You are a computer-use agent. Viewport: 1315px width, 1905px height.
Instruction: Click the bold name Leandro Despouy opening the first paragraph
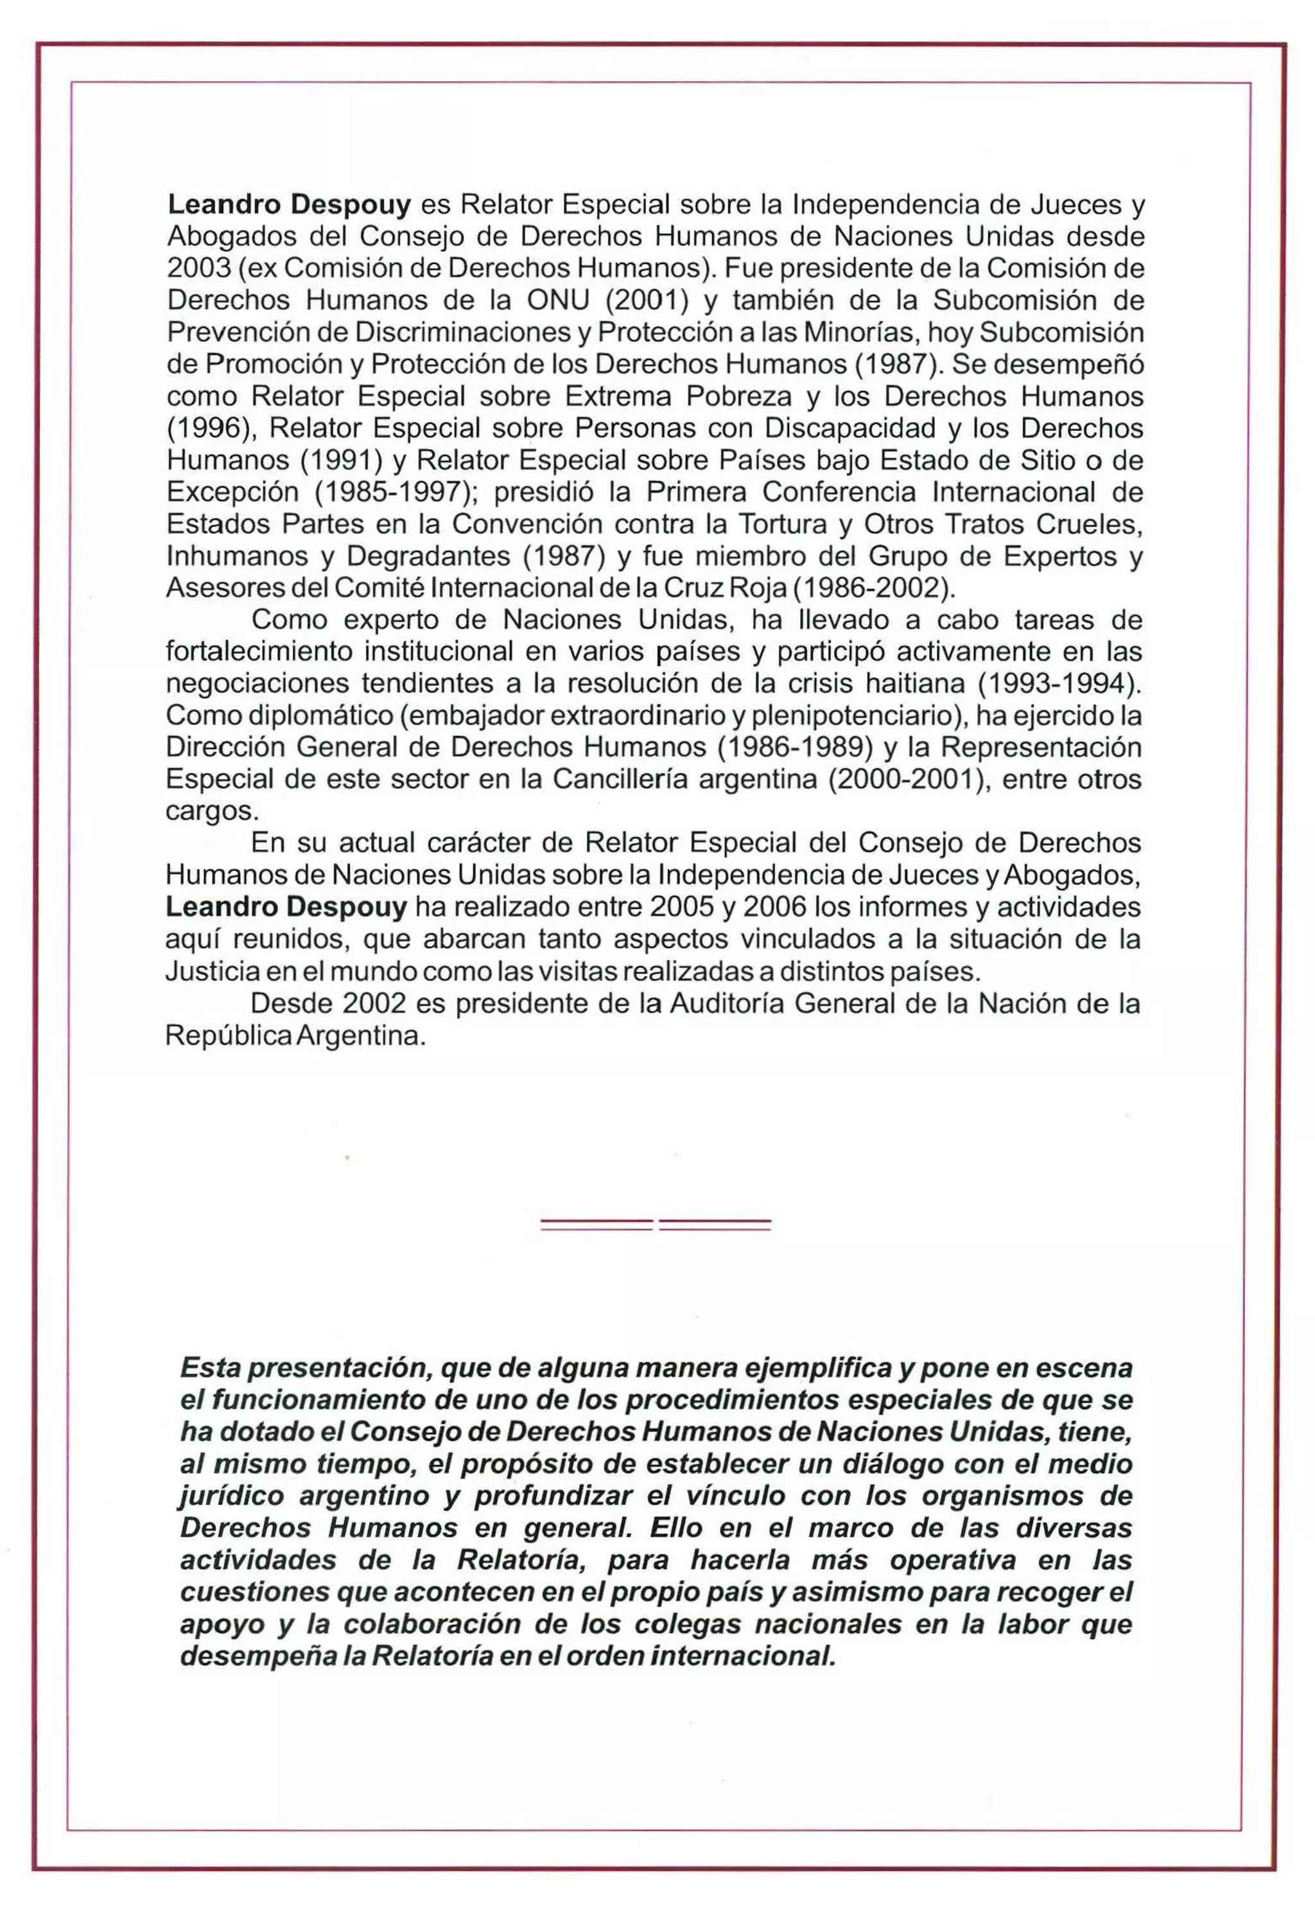(x=288, y=204)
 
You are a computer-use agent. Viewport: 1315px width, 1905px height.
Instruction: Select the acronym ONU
(x=558, y=300)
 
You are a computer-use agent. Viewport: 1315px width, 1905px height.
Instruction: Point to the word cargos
(x=213, y=812)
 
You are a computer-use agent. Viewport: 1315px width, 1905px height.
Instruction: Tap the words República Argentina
(x=295, y=1036)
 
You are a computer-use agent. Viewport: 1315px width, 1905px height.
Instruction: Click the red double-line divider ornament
(x=656, y=1224)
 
